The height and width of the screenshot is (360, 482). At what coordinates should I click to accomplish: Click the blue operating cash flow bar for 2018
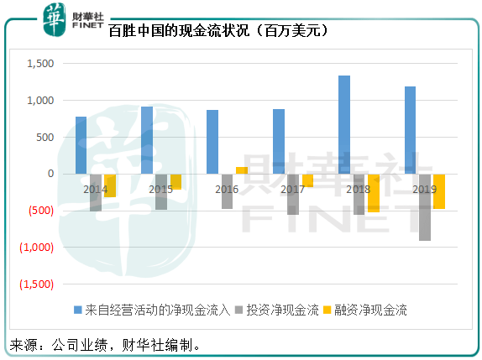pos(344,124)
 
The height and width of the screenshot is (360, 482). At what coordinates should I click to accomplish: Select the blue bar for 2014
pos(81,145)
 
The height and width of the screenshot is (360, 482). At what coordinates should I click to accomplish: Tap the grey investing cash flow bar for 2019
pos(425,207)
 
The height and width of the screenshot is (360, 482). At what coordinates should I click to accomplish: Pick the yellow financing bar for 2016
pos(242,170)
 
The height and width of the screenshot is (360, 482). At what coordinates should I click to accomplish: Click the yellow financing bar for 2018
pos(373,193)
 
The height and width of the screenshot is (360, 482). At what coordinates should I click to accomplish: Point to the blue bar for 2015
pos(147,140)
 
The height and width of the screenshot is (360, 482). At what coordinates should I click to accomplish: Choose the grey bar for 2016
pos(227,191)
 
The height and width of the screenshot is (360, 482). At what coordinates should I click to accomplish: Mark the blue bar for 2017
pos(279,141)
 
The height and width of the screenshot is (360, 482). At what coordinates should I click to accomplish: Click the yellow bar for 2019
pos(438,191)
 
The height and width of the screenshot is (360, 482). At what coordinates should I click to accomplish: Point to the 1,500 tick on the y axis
pos(40,64)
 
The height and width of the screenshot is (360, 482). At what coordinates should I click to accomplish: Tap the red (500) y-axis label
pos(39,211)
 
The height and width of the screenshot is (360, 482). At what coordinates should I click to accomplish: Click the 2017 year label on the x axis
pos(293,190)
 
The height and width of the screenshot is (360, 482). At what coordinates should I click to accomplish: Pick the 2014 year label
pos(96,190)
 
